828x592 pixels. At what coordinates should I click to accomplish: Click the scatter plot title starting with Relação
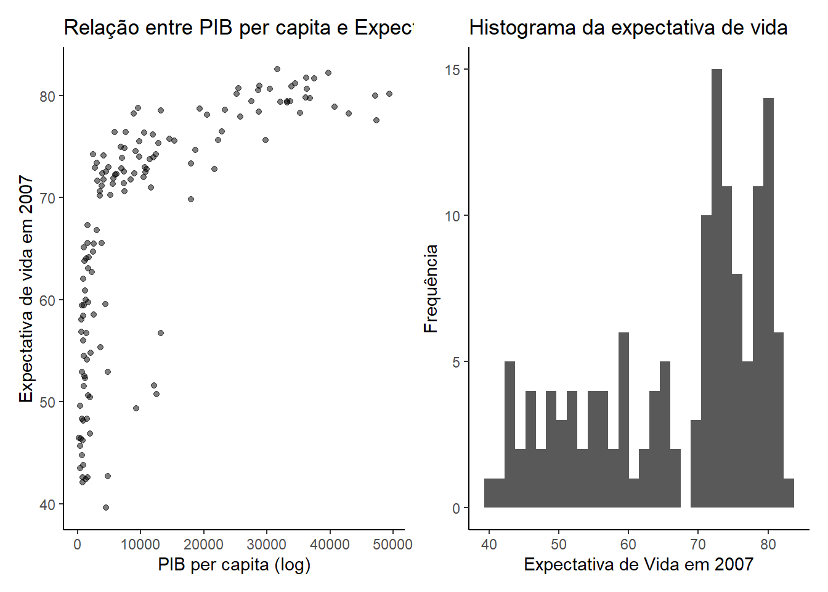[239, 28]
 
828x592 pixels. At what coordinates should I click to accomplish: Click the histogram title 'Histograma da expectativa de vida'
[628, 28]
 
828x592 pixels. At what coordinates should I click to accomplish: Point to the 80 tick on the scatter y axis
[47, 96]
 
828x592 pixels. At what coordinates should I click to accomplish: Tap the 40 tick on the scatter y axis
[47, 505]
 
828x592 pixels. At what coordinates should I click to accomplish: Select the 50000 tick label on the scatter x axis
[392, 545]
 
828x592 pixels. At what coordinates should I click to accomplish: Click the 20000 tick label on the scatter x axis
[203, 545]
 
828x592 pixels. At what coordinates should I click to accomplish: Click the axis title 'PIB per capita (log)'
[234, 565]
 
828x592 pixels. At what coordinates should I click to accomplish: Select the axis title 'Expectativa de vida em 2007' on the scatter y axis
[26, 289]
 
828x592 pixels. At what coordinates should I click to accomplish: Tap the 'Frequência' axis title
[431, 289]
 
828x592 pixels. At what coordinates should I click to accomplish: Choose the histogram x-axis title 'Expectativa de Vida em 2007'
[638, 565]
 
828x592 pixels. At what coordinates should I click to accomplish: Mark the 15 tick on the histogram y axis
[453, 70]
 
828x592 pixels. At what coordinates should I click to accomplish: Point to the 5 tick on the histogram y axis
[457, 362]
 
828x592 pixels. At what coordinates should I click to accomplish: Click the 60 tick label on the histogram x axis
[628, 545]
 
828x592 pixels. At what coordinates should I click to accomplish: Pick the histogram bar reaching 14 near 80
[768, 302]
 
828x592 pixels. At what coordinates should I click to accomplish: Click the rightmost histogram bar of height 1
[789, 493]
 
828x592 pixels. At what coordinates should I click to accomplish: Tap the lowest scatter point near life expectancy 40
[106, 508]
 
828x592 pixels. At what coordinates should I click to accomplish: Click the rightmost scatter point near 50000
[389, 94]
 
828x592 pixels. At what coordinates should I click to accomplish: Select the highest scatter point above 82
[277, 69]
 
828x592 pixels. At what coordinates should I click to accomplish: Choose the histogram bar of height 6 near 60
[623, 419]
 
